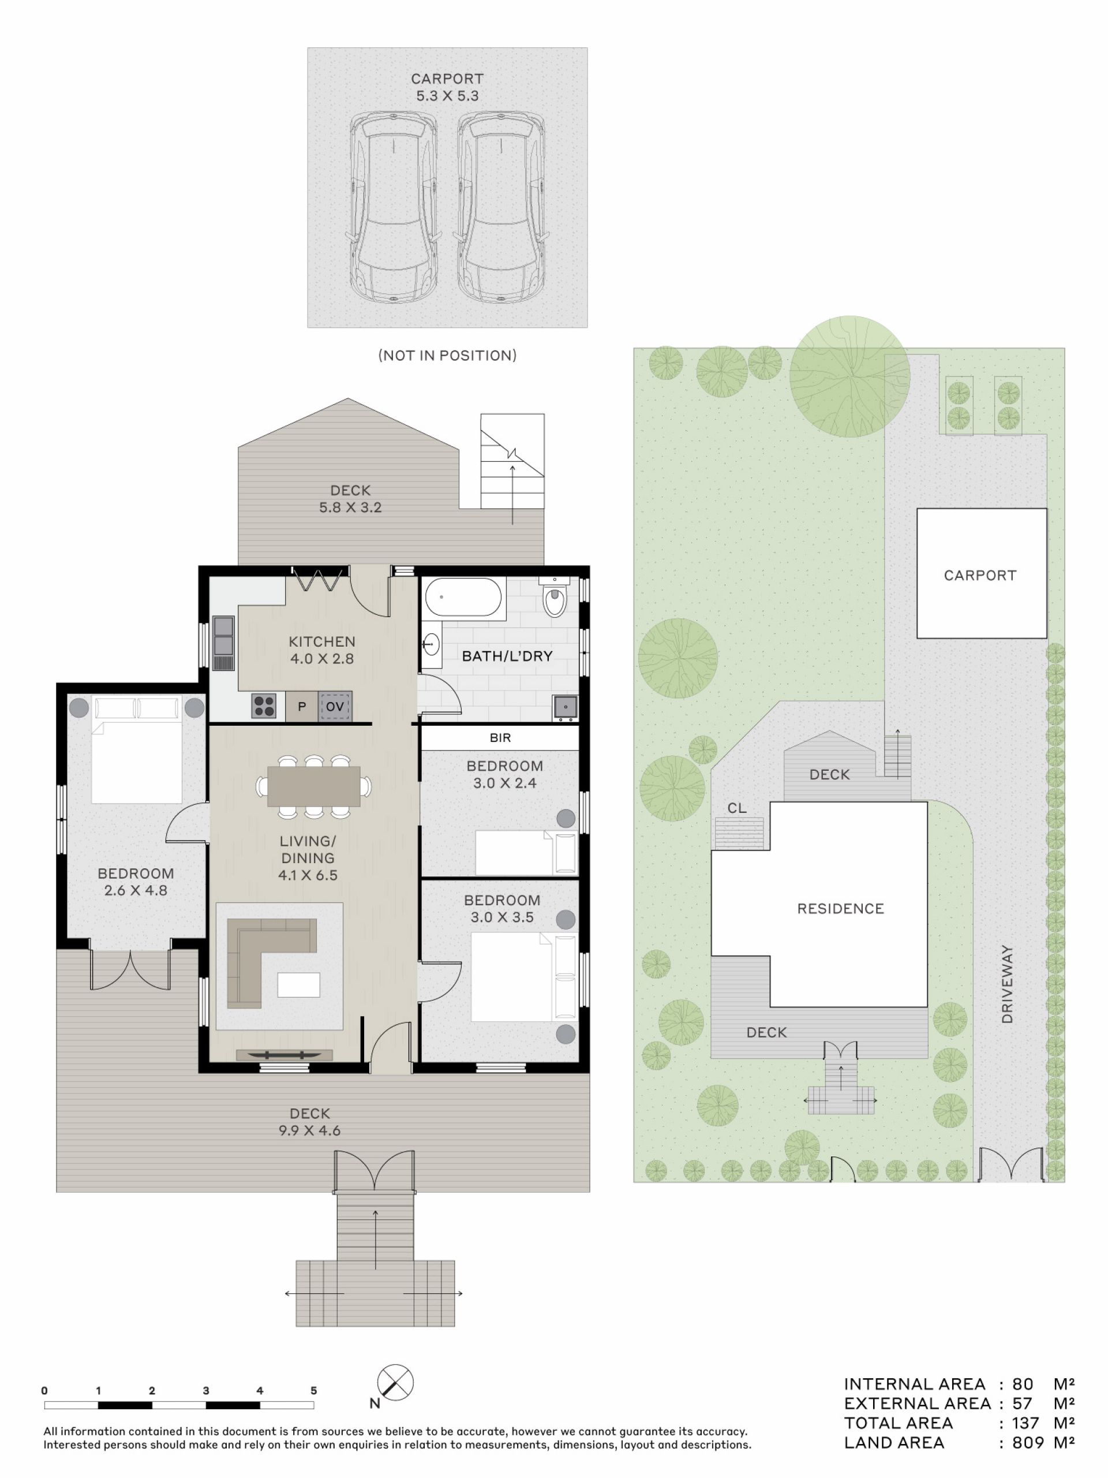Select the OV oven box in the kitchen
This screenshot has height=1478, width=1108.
[335, 706]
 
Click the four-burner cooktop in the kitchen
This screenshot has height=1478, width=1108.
[264, 706]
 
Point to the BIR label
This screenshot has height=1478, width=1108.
[500, 738]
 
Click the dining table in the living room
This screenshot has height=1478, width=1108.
[314, 786]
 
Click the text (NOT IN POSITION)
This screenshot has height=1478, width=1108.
[447, 356]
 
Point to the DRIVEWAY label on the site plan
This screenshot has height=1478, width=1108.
[1007, 984]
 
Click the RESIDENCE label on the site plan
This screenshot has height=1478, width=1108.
[841, 909]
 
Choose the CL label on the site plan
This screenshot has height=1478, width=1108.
[738, 808]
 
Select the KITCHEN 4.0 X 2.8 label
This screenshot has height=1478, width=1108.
[322, 650]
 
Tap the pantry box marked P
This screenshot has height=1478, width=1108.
[302, 706]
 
